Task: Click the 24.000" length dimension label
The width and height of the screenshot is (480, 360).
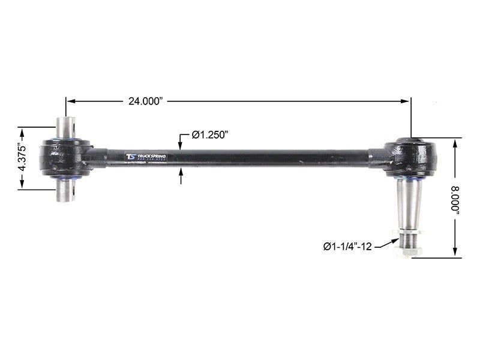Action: [x=146, y=101]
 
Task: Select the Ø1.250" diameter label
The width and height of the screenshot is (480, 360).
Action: [x=212, y=136]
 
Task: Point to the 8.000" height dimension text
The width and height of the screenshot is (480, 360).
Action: [x=458, y=199]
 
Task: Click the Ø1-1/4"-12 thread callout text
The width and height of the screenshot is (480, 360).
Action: [x=347, y=245]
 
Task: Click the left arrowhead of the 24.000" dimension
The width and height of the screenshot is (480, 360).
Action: [x=69, y=101]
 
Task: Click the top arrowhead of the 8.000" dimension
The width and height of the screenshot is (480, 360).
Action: [x=455, y=142]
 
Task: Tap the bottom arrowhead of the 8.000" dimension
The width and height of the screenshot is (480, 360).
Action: [x=455, y=254]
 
